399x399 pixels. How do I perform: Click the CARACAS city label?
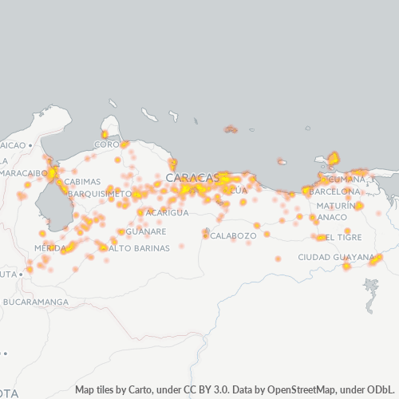coord(192,176)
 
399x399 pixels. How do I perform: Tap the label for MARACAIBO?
coord(24,173)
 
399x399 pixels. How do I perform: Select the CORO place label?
coord(106,144)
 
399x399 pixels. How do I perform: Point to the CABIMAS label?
coord(82,181)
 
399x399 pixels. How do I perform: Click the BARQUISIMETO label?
coord(100,193)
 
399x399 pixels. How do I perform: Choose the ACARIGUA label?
coord(167,213)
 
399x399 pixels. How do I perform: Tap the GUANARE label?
coord(147,231)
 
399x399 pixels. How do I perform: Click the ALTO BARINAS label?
coord(139,248)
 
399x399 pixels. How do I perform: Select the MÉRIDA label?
coord(49,248)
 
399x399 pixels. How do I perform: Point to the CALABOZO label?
coord(234,235)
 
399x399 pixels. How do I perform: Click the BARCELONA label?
coord(335,192)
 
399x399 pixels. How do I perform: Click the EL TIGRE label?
coord(343,237)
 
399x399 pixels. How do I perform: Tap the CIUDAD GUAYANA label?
coord(335,257)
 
